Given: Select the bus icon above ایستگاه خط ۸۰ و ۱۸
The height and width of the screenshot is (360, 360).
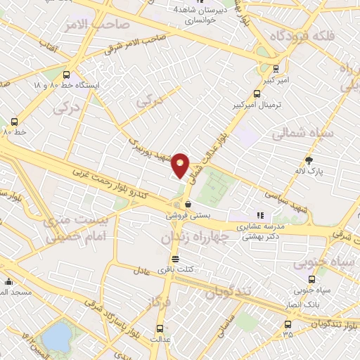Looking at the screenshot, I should [67, 75].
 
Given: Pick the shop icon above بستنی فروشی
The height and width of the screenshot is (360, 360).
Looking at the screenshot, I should [177, 205].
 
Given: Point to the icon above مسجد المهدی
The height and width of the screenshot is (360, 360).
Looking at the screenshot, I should [8, 281].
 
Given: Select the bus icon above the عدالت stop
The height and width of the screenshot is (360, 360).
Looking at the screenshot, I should [160, 328].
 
